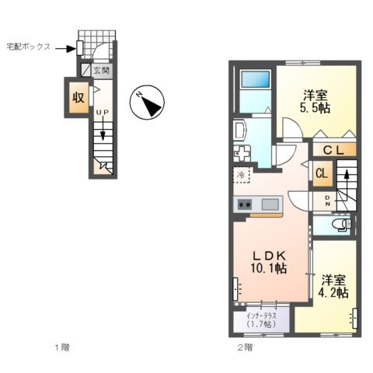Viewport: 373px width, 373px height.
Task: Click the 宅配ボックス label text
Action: [x=29, y=47]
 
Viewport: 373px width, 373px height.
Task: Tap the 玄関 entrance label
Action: [x=102, y=71]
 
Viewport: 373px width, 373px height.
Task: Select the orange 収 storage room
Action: [x=78, y=97]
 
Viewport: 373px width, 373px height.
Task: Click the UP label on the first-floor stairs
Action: [x=103, y=112]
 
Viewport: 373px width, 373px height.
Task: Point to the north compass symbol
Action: [x=147, y=103]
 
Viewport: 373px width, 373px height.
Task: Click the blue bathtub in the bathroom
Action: [x=256, y=79]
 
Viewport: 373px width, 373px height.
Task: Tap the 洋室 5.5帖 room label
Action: [x=315, y=102]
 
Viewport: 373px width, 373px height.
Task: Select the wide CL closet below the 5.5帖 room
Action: [x=334, y=150]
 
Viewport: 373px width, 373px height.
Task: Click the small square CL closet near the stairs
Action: [x=322, y=173]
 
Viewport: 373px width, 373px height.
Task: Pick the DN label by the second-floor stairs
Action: [x=327, y=200]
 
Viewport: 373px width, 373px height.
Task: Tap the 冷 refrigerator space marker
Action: [x=241, y=175]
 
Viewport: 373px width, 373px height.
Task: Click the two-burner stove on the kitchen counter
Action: [x=245, y=204]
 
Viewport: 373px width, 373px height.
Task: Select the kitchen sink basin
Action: [x=270, y=204]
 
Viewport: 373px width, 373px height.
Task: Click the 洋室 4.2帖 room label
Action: [x=333, y=287]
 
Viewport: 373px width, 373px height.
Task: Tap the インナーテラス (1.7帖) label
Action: [x=262, y=320]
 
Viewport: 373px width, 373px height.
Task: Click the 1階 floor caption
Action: [x=62, y=347]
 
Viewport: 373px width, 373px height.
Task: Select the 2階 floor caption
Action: [x=245, y=347]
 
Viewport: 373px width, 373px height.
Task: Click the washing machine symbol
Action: [x=242, y=154]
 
